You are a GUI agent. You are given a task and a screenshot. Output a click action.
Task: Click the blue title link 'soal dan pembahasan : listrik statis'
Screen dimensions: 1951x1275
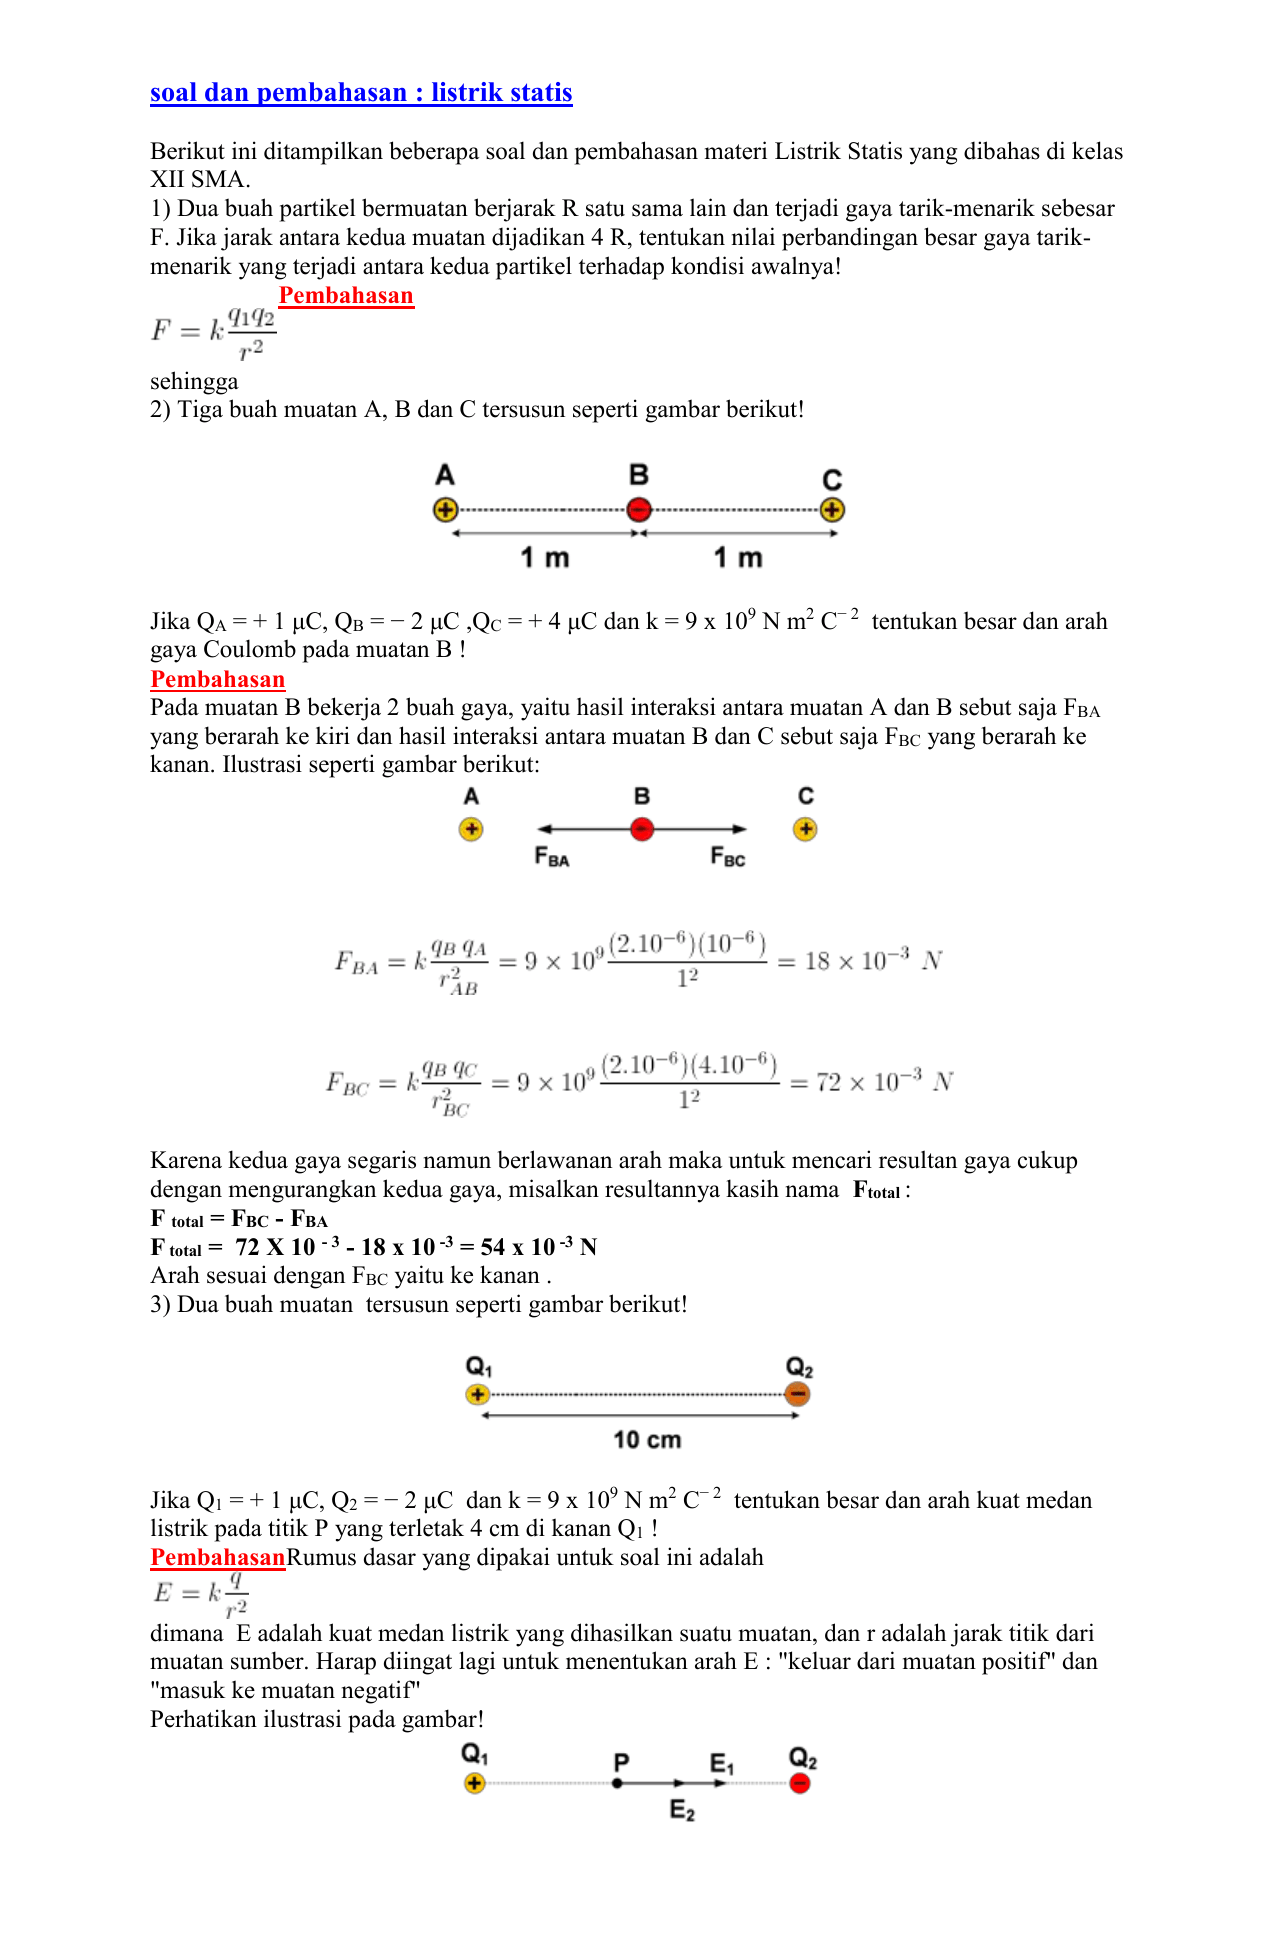[x=361, y=93]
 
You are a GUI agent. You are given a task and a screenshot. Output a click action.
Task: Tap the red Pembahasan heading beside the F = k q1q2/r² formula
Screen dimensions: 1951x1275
[x=346, y=296]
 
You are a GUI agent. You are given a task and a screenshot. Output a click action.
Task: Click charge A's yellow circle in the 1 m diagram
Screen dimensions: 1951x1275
[x=445, y=510]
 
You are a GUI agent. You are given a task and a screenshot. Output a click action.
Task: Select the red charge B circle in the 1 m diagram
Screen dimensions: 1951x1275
[x=639, y=510]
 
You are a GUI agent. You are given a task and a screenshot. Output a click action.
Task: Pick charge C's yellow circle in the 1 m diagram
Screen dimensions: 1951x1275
[x=832, y=510]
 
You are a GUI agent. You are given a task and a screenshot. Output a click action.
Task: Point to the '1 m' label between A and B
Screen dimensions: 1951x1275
[x=544, y=558]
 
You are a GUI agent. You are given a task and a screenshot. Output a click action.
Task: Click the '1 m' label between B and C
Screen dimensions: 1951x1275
[x=738, y=558]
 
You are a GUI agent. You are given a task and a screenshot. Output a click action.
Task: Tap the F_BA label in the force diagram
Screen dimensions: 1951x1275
[x=552, y=857]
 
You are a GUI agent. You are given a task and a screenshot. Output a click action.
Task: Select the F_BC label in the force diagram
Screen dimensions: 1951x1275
[x=728, y=857]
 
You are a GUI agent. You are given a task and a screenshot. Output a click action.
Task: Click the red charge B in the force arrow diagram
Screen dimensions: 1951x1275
[x=642, y=829]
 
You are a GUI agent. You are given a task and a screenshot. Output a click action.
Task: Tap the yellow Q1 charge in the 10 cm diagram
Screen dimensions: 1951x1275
[x=478, y=1394]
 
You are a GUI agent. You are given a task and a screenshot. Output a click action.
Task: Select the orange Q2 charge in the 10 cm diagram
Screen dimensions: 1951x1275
[x=797, y=1394]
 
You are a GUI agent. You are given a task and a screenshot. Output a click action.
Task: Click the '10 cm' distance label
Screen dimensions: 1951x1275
[x=647, y=1440]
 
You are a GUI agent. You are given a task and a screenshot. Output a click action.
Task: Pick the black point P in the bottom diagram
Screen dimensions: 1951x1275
[x=618, y=1783]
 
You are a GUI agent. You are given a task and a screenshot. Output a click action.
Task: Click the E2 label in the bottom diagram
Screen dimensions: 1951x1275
[x=682, y=1811]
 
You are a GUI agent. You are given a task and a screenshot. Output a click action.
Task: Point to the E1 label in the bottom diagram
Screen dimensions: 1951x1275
[x=722, y=1763]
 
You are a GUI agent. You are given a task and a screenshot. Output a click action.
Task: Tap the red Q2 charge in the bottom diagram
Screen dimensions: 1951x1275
[x=799, y=1783]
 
